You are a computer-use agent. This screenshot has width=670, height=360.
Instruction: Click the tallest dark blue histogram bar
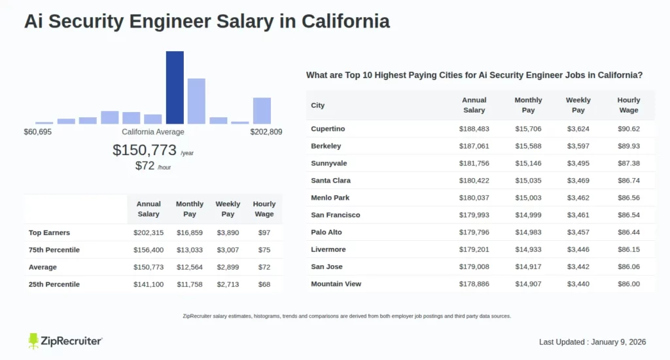coord(175,87)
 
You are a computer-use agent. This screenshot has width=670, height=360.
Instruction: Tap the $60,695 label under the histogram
coord(38,132)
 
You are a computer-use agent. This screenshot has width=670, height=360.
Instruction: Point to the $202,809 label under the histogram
coord(266,132)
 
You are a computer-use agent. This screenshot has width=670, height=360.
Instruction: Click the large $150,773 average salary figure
coord(145,150)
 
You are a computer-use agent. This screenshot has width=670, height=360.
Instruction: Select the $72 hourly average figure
coord(145,166)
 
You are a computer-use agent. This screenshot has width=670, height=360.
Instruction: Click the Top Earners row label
coord(49,232)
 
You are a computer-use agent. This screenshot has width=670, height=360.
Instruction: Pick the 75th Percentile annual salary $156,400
coord(149,250)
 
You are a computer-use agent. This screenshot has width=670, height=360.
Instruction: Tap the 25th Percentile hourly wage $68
coord(264,284)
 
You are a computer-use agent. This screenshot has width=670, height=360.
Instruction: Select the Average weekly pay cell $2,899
coord(228,267)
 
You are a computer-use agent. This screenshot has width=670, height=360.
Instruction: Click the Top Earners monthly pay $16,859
coord(189,232)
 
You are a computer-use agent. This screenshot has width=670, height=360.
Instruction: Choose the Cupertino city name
coord(328,129)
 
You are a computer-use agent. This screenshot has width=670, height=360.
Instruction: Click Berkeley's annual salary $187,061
coord(474,146)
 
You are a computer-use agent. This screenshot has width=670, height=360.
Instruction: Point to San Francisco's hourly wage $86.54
coord(628,215)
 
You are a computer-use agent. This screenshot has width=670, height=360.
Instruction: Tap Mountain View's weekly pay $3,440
coord(578,284)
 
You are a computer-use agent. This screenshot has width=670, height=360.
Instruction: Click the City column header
coord(317,105)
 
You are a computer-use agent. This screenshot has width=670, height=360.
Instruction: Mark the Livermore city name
coord(328,249)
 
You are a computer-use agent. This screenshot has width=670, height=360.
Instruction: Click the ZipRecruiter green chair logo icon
coord(33,341)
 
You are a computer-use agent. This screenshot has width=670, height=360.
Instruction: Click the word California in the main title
coord(345,21)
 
